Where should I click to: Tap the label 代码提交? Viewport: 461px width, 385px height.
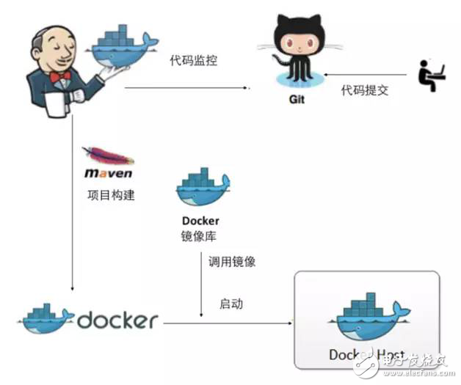(363, 90)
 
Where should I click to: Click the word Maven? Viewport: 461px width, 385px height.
(108, 174)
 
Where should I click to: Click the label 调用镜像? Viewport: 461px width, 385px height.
(232, 261)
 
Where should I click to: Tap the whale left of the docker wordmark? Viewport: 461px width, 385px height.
(46, 317)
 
